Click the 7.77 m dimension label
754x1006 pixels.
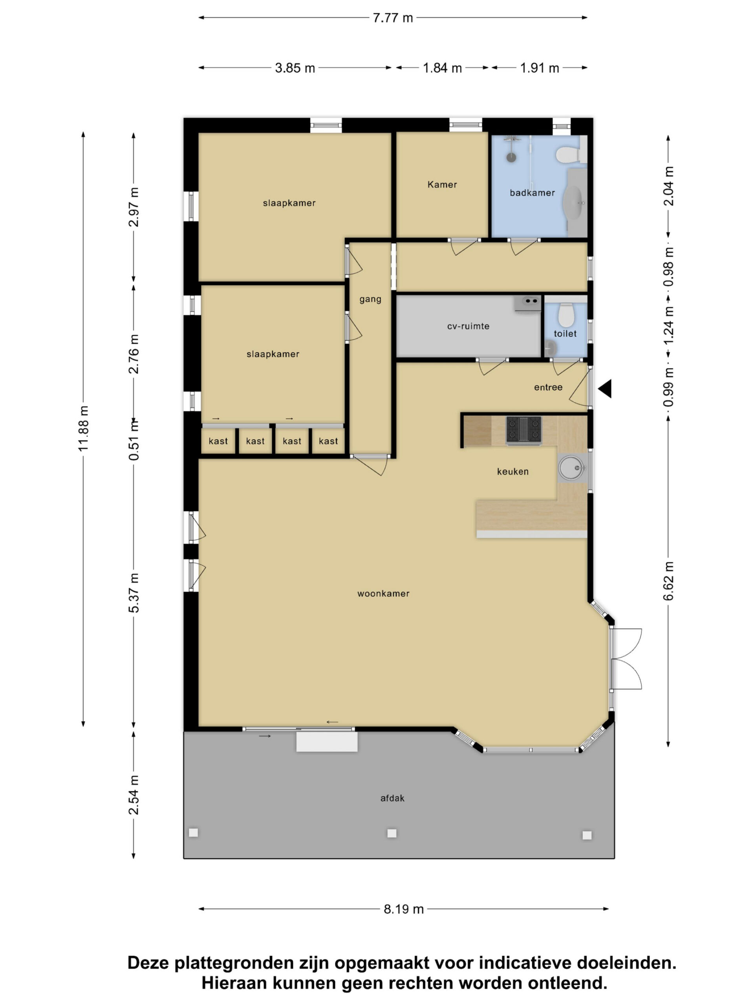(x=393, y=18)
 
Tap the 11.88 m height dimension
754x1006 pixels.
(x=83, y=428)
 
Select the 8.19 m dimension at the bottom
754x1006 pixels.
(x=404, y=909)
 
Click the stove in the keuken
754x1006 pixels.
(x=523, y=430)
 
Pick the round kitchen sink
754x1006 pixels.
(x=571, y=468)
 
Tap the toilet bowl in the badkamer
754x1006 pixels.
(x=567, y=154)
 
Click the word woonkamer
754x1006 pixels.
(x=383, y=593)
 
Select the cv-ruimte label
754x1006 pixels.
(x=468, y=326)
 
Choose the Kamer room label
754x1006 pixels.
(x=442, y=184)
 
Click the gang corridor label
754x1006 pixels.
(x=370, y=299)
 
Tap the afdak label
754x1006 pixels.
(x=392, y=798)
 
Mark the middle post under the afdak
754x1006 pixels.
(x=392, y=833)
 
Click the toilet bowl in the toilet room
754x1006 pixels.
(x=566, y=315)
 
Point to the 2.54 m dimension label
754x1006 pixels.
(x=134, y=795)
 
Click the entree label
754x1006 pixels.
(x=548, y=387)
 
